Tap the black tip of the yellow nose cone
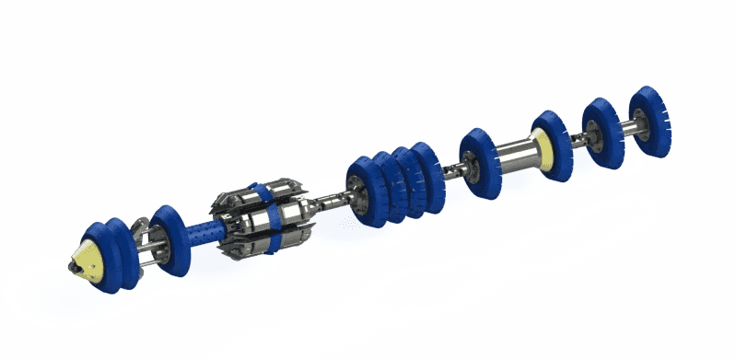[x=71, y=268]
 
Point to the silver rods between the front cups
[x=144, y=250]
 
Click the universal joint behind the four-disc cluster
[x=456, y=168]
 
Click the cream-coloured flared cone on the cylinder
[x=544, y=145]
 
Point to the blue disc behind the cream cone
[x=555, y=142]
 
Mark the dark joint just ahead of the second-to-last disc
[x=578, y=140]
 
